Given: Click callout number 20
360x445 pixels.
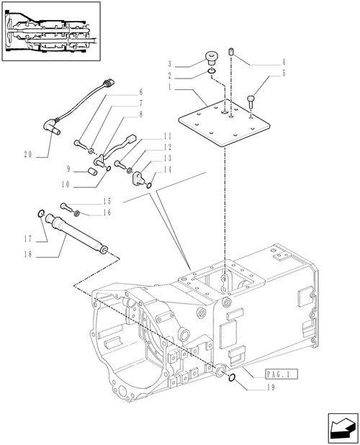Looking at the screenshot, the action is pyautogui.click(x=28, y=155).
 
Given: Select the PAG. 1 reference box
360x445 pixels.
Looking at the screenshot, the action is pyautogui.click(x=282, y=374).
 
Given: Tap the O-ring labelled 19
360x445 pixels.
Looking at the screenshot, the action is pyautogui.click(x=232, y=377).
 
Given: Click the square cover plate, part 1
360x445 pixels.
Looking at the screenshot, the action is pyautogui.click(x=224, y=122).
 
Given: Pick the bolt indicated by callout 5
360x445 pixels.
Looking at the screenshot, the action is pyautogui.click(x=251, y=101).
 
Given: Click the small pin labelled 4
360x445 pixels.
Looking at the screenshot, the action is pyautogui.click(x=231, y=53).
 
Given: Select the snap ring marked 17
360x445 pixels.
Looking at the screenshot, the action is pyautogui.click(x=41, y=213).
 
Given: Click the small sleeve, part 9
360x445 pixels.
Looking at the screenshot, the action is pyautogui.click(x=91, y=171).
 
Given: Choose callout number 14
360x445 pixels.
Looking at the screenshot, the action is pyautogui.click(x=168, y=169).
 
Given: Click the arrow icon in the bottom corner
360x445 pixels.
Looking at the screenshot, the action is pyautogui.click(x=343, y=428).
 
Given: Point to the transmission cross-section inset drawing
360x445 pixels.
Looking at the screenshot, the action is pyautogui.click(x=51, y=32).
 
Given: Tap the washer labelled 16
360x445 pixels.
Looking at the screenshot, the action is pyautogui.click(x=76, y=213).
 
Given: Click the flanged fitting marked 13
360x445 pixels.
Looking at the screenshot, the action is pyautogui.click(x=138, y=177).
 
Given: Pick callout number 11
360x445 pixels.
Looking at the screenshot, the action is pyautogui.click(x=168, y=136).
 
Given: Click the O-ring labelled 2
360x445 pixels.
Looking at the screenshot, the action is pyautogui.click(x=212, y=71).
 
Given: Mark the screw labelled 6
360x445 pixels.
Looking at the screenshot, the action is pyautogui.click(x=81, y=144).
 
